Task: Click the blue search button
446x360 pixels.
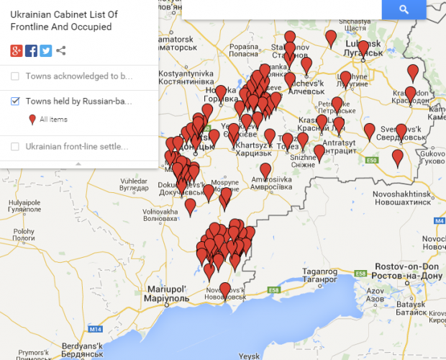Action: (404, 9)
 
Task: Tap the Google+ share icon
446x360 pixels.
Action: (17, 50)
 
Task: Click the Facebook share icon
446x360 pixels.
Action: (31, 50)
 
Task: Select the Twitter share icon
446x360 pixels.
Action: (45, 50)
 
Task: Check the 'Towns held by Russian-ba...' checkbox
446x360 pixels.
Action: (16, 102)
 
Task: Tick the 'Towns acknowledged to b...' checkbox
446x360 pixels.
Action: (16, 76)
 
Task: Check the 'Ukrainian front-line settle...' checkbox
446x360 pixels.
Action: (16, 147)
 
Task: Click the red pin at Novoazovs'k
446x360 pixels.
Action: (224, 289)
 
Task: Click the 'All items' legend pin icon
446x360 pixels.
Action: (32, 120)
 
